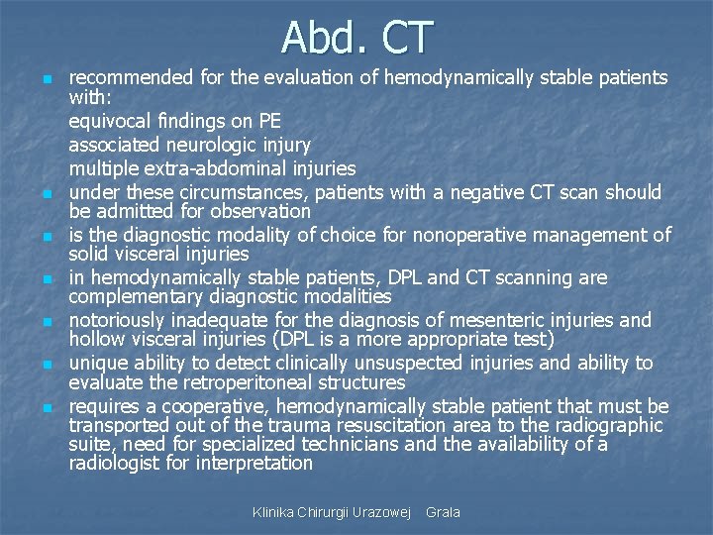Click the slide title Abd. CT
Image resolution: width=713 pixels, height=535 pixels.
(x=356, y=37)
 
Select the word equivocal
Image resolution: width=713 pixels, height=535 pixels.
(x=109, y=122)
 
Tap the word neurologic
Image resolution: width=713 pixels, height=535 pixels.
(x=192, y=144)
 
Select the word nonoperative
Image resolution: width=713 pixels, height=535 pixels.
(x=461, y=235)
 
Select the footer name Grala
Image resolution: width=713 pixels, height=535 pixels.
(x=443, y=512)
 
